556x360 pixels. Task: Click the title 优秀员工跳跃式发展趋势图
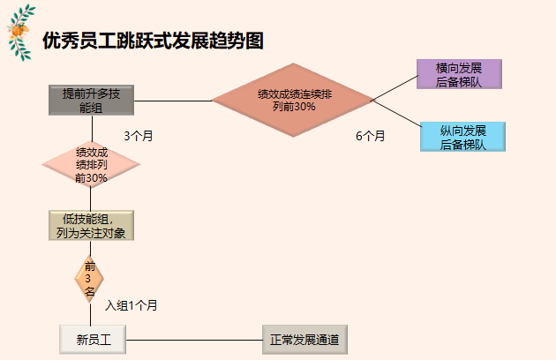(x=153, y=41)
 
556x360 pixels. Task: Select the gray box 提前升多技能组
(x=91, y=101)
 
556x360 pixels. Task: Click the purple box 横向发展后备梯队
(x=459, y=74)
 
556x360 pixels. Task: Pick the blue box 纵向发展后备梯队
(x=462, y=137)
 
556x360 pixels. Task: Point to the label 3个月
(x=139, y=136)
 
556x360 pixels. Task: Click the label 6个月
(x=371, y=136)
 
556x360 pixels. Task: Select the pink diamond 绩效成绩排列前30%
(x=91, y=164)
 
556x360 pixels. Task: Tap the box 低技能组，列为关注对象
(x=91, y=226)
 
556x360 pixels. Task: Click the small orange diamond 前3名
(x=89, y=279)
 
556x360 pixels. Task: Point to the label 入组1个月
(x=131, y=305)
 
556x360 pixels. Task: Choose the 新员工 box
(x=93, y=338)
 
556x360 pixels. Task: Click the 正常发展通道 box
(x=304, y=338)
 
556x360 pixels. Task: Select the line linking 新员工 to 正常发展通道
(x=194, y=338)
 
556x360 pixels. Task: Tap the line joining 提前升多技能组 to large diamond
(x=173, y=101)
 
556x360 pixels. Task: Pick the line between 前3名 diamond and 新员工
(x=89, y=314)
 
